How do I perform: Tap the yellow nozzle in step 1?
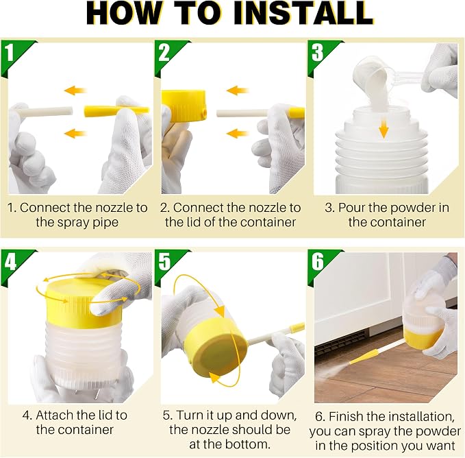click(116, 111)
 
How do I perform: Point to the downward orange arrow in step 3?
click(384, 128)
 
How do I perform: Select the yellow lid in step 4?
click(83, 303)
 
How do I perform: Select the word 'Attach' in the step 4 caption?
click(53, 415)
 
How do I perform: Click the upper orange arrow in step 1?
click(75, 91)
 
